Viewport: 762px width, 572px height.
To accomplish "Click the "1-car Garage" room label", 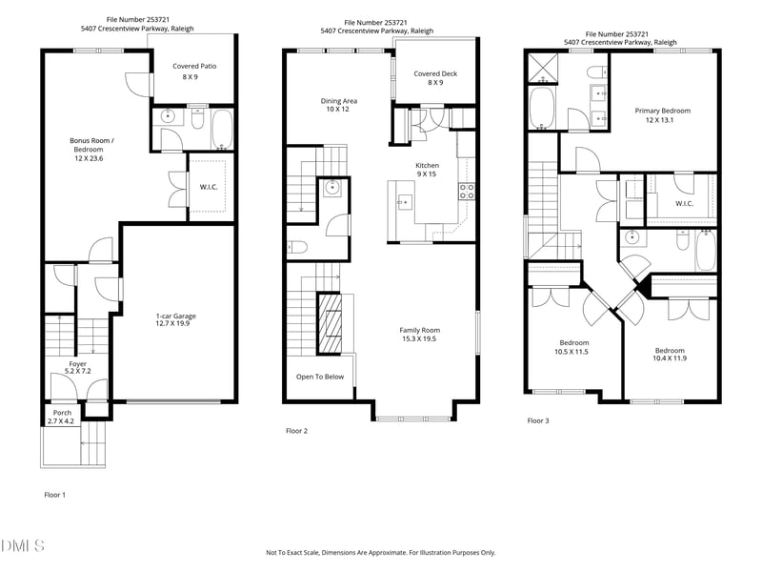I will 176,316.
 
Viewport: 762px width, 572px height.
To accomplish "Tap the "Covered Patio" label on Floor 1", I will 191,66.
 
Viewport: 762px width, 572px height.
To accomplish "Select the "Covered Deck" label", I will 434,73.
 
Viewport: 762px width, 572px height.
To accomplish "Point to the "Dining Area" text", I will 338,100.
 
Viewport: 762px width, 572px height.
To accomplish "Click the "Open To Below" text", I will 320,377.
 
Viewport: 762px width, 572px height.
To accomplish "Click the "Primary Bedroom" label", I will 662,111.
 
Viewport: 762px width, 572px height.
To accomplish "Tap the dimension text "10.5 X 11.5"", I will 573,352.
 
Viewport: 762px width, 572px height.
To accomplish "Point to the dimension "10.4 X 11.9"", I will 669,357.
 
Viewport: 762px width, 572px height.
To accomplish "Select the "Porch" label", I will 61,413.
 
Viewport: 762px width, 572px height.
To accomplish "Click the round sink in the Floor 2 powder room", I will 331,188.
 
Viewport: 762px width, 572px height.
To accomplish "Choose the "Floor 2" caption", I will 297,431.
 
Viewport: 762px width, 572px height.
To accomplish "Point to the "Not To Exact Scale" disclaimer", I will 380,553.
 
